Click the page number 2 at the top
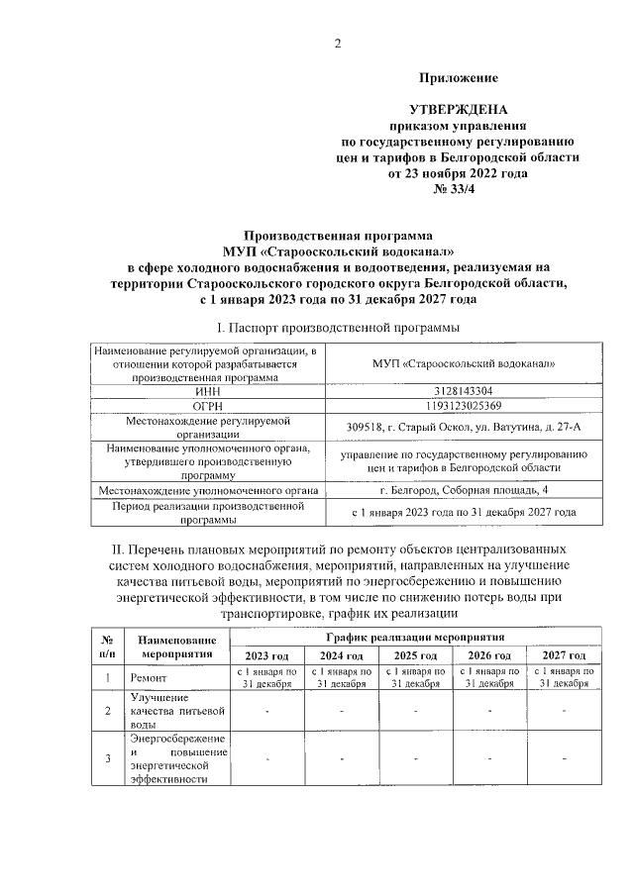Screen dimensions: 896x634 [x=337, y=43]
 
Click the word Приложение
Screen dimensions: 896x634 [x=458, y=77]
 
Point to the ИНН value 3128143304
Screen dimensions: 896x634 [x=462, y=391]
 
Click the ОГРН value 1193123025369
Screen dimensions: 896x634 [x=462, y=405]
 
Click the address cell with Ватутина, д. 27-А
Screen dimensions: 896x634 [x=462, y=427]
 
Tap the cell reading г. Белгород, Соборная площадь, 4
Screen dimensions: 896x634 [x=462, y=490]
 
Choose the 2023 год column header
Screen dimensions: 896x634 [x=267, y=656]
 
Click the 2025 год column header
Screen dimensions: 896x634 [x=416, y=656]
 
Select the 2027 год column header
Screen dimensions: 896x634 [x=564, y=656]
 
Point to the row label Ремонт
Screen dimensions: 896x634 [x=152, y=679]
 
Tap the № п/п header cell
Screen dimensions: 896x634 [x=108, y=647]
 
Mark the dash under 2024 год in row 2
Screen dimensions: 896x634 [x=342, y=710]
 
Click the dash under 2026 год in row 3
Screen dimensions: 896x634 [x=489, y=758]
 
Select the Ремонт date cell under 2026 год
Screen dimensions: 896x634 [x=489, y=678]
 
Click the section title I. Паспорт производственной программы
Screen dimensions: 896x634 [x=337, y=328]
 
